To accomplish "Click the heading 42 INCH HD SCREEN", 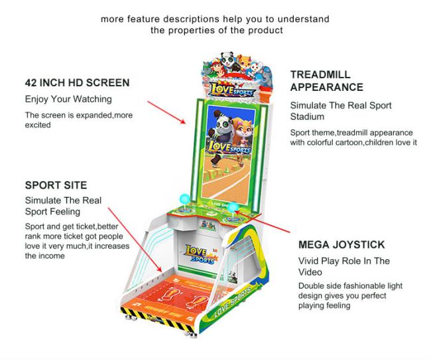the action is pos(77,83).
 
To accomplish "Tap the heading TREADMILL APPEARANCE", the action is pos(327,81).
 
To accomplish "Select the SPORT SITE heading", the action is pos(56,185).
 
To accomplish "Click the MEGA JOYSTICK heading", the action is pos(341,245).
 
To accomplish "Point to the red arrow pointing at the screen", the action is pos(166,113).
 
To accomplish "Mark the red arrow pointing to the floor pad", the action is pos(135,240).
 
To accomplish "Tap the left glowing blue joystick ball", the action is pos(185,198).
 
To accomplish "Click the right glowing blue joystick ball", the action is pos(233,208).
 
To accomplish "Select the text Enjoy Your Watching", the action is pos(68,99).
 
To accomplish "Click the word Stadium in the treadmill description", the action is pos(307,117).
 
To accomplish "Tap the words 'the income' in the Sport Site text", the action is pos(45,256).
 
